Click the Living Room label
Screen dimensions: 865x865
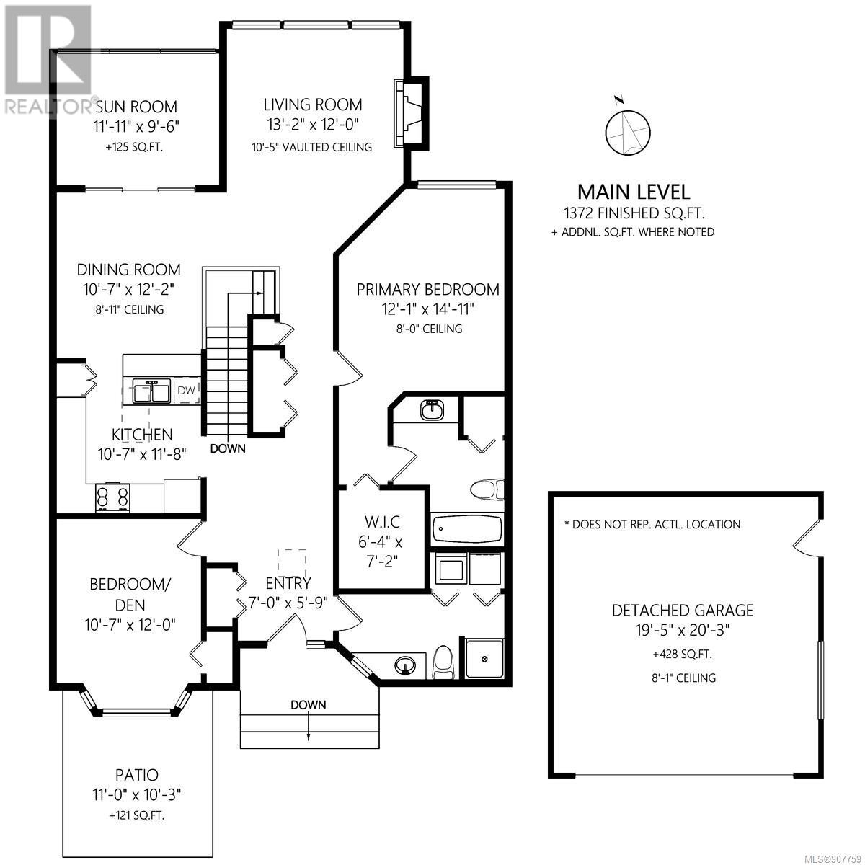click(x=312, y=105)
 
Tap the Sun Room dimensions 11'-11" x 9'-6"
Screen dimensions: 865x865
click(x=136, y=127)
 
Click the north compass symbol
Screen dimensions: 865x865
click(x=627, y=128)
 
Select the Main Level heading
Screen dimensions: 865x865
click(x=634, y=192)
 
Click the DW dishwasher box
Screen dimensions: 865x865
click(x=186, y=390)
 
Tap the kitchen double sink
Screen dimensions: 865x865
click(x=151, y=391)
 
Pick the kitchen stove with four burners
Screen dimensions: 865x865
click(x=112, y=498)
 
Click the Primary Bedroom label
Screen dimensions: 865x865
click(x=427, y=290)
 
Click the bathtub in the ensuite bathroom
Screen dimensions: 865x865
click(x=466, y=529)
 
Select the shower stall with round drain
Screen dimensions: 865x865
click(x=484, y=659)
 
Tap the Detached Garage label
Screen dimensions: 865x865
click(x=683, y=611)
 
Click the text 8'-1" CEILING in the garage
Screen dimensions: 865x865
click(x=683, y=678)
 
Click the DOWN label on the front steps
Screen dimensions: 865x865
click(x=308, y=705)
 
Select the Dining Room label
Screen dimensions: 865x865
click(x=129, y=270)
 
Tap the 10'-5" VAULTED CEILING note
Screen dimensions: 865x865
click(x=312, y=147)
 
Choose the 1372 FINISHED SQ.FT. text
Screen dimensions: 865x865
click(x=634, y=213)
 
